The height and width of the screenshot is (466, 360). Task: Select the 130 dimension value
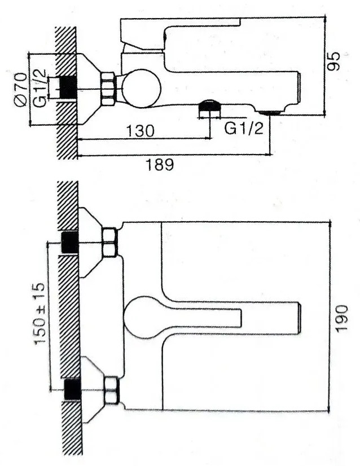[x=141, y=131]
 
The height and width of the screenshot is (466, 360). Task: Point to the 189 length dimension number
[x=159, y=164]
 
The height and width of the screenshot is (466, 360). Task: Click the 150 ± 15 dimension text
[x=39, y=314]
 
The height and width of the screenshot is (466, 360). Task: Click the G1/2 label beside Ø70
[x=40, y=88]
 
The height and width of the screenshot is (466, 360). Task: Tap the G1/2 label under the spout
[x=244, y=129]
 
